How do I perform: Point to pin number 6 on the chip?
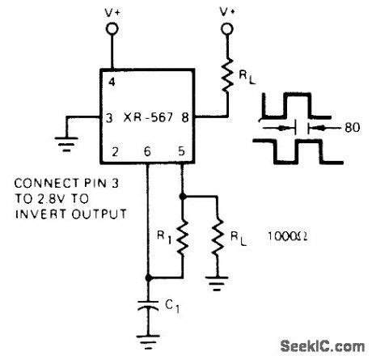click(x=147, y=150)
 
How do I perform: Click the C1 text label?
click(x=170, y=306)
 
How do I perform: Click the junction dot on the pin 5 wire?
click(x=184, y=195)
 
